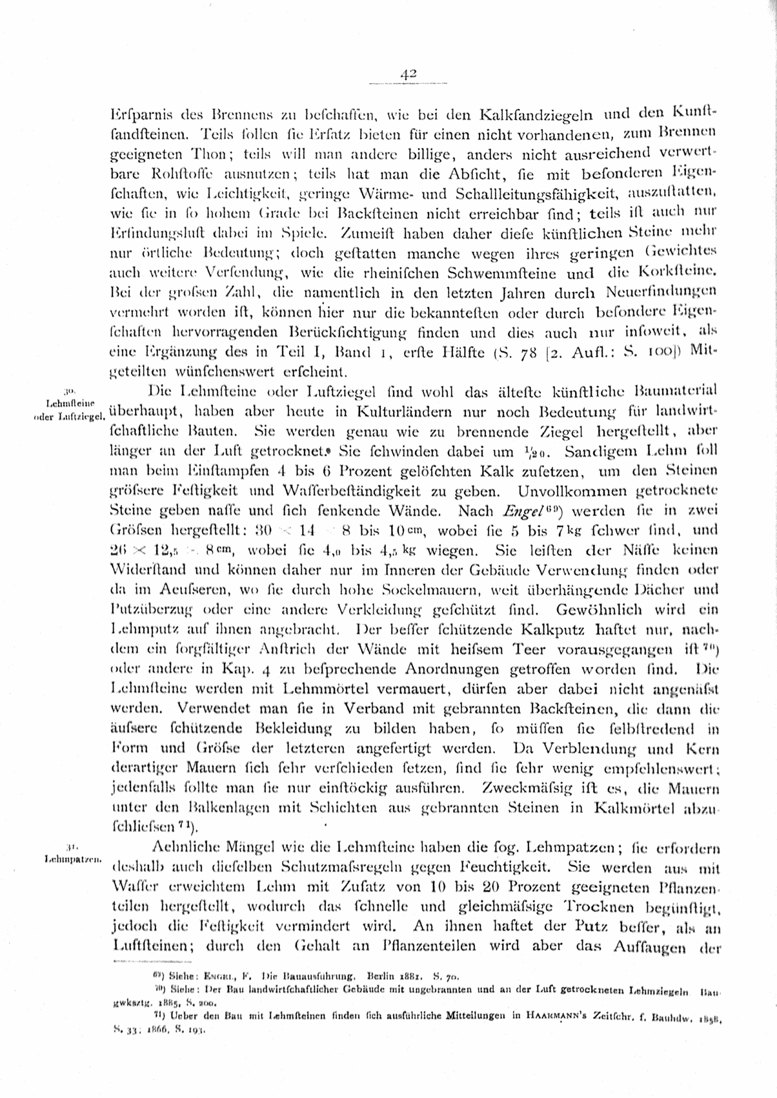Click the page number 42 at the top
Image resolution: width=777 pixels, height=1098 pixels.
click(x=408, y=74)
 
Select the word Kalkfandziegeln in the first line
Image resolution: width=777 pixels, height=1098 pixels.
click(x=527, y=118)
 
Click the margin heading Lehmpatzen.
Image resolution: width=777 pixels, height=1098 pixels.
click(x=72, y=860)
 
